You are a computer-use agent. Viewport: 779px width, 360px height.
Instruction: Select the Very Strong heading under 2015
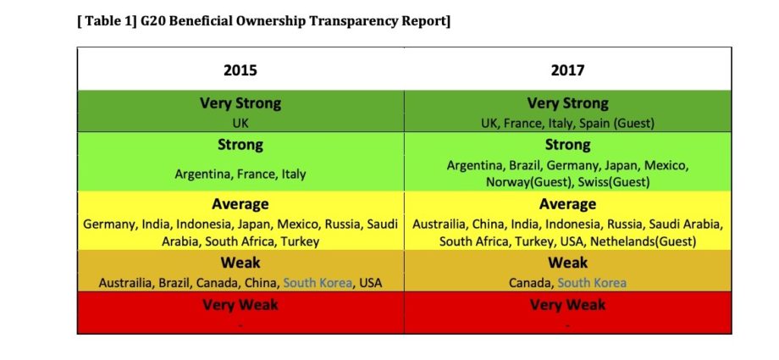tap(240, 103)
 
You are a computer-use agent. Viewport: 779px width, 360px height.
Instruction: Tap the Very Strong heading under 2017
tap(567, 103)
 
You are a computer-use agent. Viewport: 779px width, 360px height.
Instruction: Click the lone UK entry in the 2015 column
tap(240, 123)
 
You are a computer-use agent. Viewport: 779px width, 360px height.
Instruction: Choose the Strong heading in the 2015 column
tap(240, 145)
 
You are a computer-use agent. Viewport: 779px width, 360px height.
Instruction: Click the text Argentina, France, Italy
tap(240, 174)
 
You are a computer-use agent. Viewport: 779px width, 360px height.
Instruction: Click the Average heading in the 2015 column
tap(240, 204)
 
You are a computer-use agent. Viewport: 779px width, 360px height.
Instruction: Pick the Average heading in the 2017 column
tap(567, 204)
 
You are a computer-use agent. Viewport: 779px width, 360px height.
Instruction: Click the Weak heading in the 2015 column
tap(240, 263)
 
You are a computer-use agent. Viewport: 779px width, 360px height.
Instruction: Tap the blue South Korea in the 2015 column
tap(318, 282)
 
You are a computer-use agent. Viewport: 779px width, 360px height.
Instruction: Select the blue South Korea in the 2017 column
tap(592, 282)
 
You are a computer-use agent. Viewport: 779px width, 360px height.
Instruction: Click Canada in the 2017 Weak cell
tap(530, 282)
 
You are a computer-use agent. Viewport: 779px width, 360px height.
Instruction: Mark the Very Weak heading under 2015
tap(240, 305)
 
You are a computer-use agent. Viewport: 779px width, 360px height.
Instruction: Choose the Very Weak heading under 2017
tap(567, 305)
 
